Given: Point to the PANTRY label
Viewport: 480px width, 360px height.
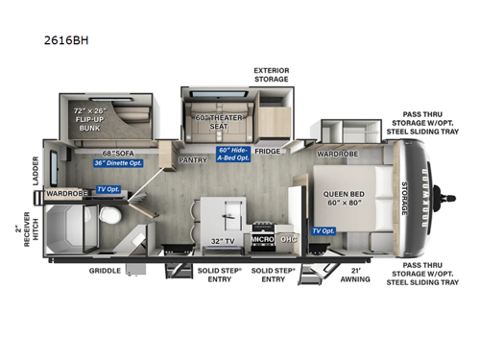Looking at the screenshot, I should tap(192, 160).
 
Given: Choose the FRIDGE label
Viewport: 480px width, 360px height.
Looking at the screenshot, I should tap(267, 151).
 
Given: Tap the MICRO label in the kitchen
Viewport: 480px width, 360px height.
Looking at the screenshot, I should tap(262, 238).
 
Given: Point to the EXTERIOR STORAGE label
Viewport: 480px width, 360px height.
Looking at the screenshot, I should tap(272, 75).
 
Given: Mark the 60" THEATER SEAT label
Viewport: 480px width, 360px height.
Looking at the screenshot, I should tap(217, 123).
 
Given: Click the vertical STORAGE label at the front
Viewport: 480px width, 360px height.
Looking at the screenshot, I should tap(405, 196).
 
